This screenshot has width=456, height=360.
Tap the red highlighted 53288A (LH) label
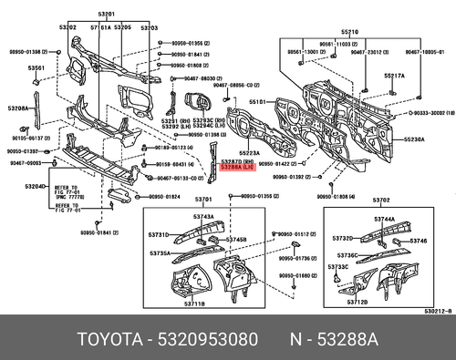[x=238, y=168]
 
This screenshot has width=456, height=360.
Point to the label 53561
[x=36, y=68]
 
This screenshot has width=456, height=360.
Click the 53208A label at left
[x=21, y=108]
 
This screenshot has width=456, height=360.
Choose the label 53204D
[x=34, y=186]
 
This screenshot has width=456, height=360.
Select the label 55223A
[x=249, y=152]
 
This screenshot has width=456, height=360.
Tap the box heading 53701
[x=203, y=199]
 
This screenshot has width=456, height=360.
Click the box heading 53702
[x=381, y=200]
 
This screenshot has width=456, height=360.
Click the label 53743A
[x=202, y=216]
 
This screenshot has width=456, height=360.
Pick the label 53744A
[x=384, y=219]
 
